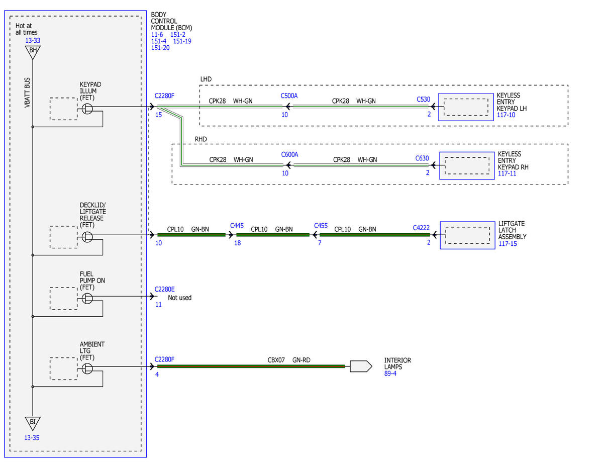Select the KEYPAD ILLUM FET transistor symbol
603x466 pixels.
point(87,109)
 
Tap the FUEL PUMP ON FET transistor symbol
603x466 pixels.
point(87,299)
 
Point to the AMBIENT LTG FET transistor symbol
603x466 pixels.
point(87,368)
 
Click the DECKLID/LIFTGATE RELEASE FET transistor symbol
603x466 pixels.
point(87,237)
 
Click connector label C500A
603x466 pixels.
point(289,96)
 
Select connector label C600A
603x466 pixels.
point(289,154)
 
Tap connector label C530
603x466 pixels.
point(423,100)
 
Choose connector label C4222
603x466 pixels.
point(421,228)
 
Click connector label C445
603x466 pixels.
point(237,226)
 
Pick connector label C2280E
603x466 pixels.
point(164,290)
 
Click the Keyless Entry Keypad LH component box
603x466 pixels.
point(466,107)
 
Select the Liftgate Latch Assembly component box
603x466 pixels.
point(467,235)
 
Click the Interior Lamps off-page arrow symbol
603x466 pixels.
point(361,366)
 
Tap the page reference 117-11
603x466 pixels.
point(507,173)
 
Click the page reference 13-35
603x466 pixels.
point(32,438)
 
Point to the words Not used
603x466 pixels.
point(179,298)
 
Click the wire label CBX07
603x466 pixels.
point(276,360)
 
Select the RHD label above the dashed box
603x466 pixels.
point(200,139)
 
